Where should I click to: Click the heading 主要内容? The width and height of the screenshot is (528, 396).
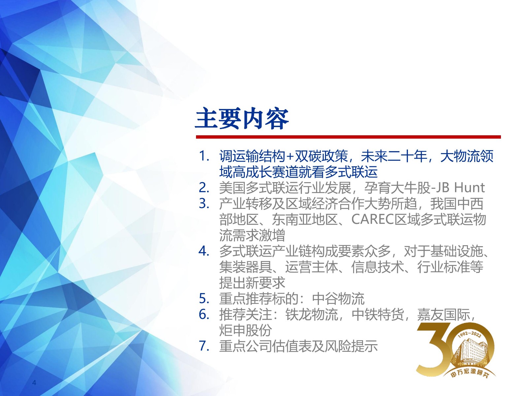(242, 119)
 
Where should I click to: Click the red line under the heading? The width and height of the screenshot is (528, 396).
(348, 137)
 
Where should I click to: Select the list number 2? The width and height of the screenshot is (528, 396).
(204, 188)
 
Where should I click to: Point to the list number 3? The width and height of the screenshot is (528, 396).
(204, 204)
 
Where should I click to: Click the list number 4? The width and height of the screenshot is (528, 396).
(204, 251)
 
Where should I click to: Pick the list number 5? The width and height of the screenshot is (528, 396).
(204, 299)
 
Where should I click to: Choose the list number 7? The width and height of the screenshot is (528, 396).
(204, 346)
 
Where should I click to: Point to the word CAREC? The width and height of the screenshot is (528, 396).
(373, 219)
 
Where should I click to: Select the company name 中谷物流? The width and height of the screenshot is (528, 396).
(338, 299)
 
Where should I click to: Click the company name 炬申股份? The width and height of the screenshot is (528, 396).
(246, 330)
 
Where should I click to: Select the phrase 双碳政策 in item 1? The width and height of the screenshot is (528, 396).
(322, 156)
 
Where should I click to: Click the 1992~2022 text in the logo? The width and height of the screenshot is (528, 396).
(469, 334)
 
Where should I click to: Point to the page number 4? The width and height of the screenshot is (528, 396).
(34, 382)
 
